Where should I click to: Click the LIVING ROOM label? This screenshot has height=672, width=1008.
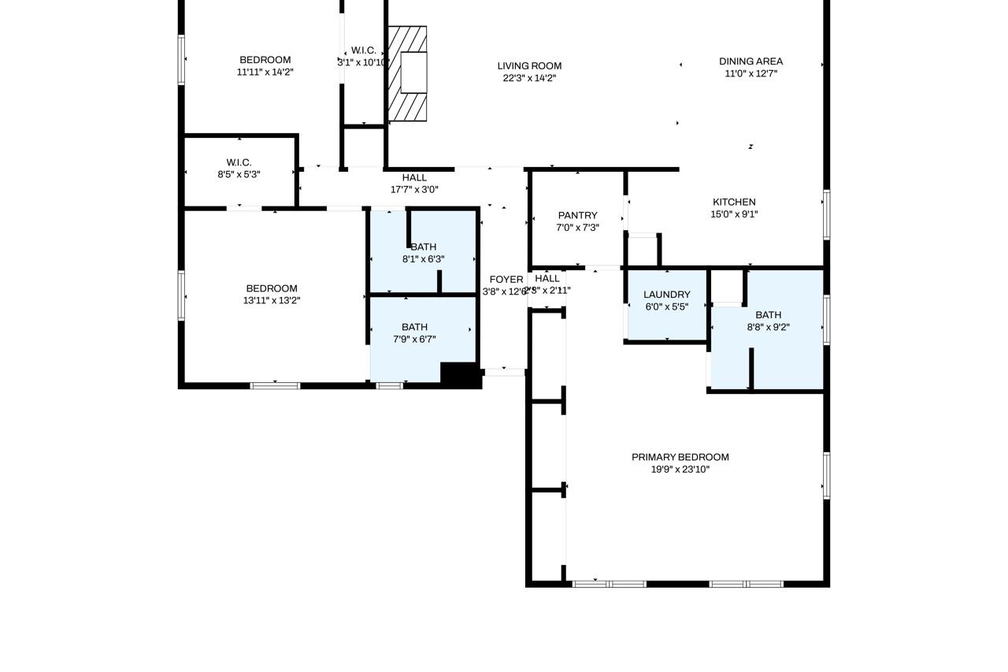point(529,66)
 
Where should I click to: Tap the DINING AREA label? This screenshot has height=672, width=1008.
point(750,61)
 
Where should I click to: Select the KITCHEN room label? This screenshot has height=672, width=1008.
point(734,202)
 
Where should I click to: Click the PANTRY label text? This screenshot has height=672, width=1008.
point(577,216)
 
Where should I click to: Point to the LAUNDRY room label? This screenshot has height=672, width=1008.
point(666,295)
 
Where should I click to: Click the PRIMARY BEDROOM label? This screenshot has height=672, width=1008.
point(680,458)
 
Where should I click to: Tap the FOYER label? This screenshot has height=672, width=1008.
point(506,280)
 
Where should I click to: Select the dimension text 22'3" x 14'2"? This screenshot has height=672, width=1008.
point(529,78)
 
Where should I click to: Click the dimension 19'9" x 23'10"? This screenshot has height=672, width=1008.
point(680,470)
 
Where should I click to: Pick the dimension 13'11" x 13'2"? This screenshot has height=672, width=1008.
point(272,300)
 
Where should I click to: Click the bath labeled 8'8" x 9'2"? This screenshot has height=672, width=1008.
point(768,315)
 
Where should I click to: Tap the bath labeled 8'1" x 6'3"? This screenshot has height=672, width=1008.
point(423,247)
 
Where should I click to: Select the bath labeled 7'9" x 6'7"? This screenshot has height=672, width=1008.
point(414,328)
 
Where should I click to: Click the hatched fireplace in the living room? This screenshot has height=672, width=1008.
point(408,74)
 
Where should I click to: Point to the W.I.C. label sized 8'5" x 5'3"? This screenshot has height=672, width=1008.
point(239,163)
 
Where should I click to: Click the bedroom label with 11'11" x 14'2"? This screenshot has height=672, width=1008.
point(265,60)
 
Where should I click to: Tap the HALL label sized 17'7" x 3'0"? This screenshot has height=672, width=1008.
point(414,178)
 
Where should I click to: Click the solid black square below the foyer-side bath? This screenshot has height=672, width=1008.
point(460,374)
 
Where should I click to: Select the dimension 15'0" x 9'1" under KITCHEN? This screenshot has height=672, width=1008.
point(734,214)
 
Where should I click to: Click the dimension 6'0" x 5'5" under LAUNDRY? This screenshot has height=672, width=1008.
point(666,307)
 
